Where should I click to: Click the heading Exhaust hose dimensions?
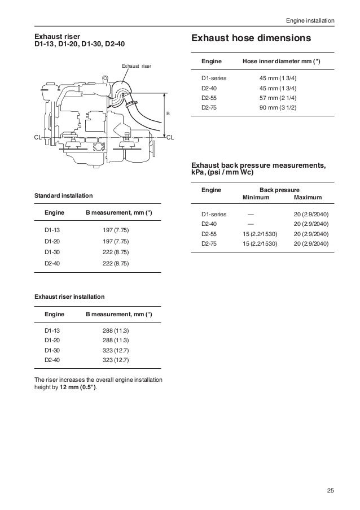point(252,39)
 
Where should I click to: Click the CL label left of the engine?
point(39,137)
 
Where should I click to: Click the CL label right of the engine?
point(170,137)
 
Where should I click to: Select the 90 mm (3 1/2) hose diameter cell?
point(280,107)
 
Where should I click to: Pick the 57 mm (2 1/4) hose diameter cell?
point(280,98)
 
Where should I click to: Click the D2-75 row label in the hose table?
point(209,107)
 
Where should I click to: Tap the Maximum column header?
point(308,198)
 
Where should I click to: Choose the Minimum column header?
point(256,198)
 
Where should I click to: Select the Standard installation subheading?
point(64,196)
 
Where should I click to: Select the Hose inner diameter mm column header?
point(281,60)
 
